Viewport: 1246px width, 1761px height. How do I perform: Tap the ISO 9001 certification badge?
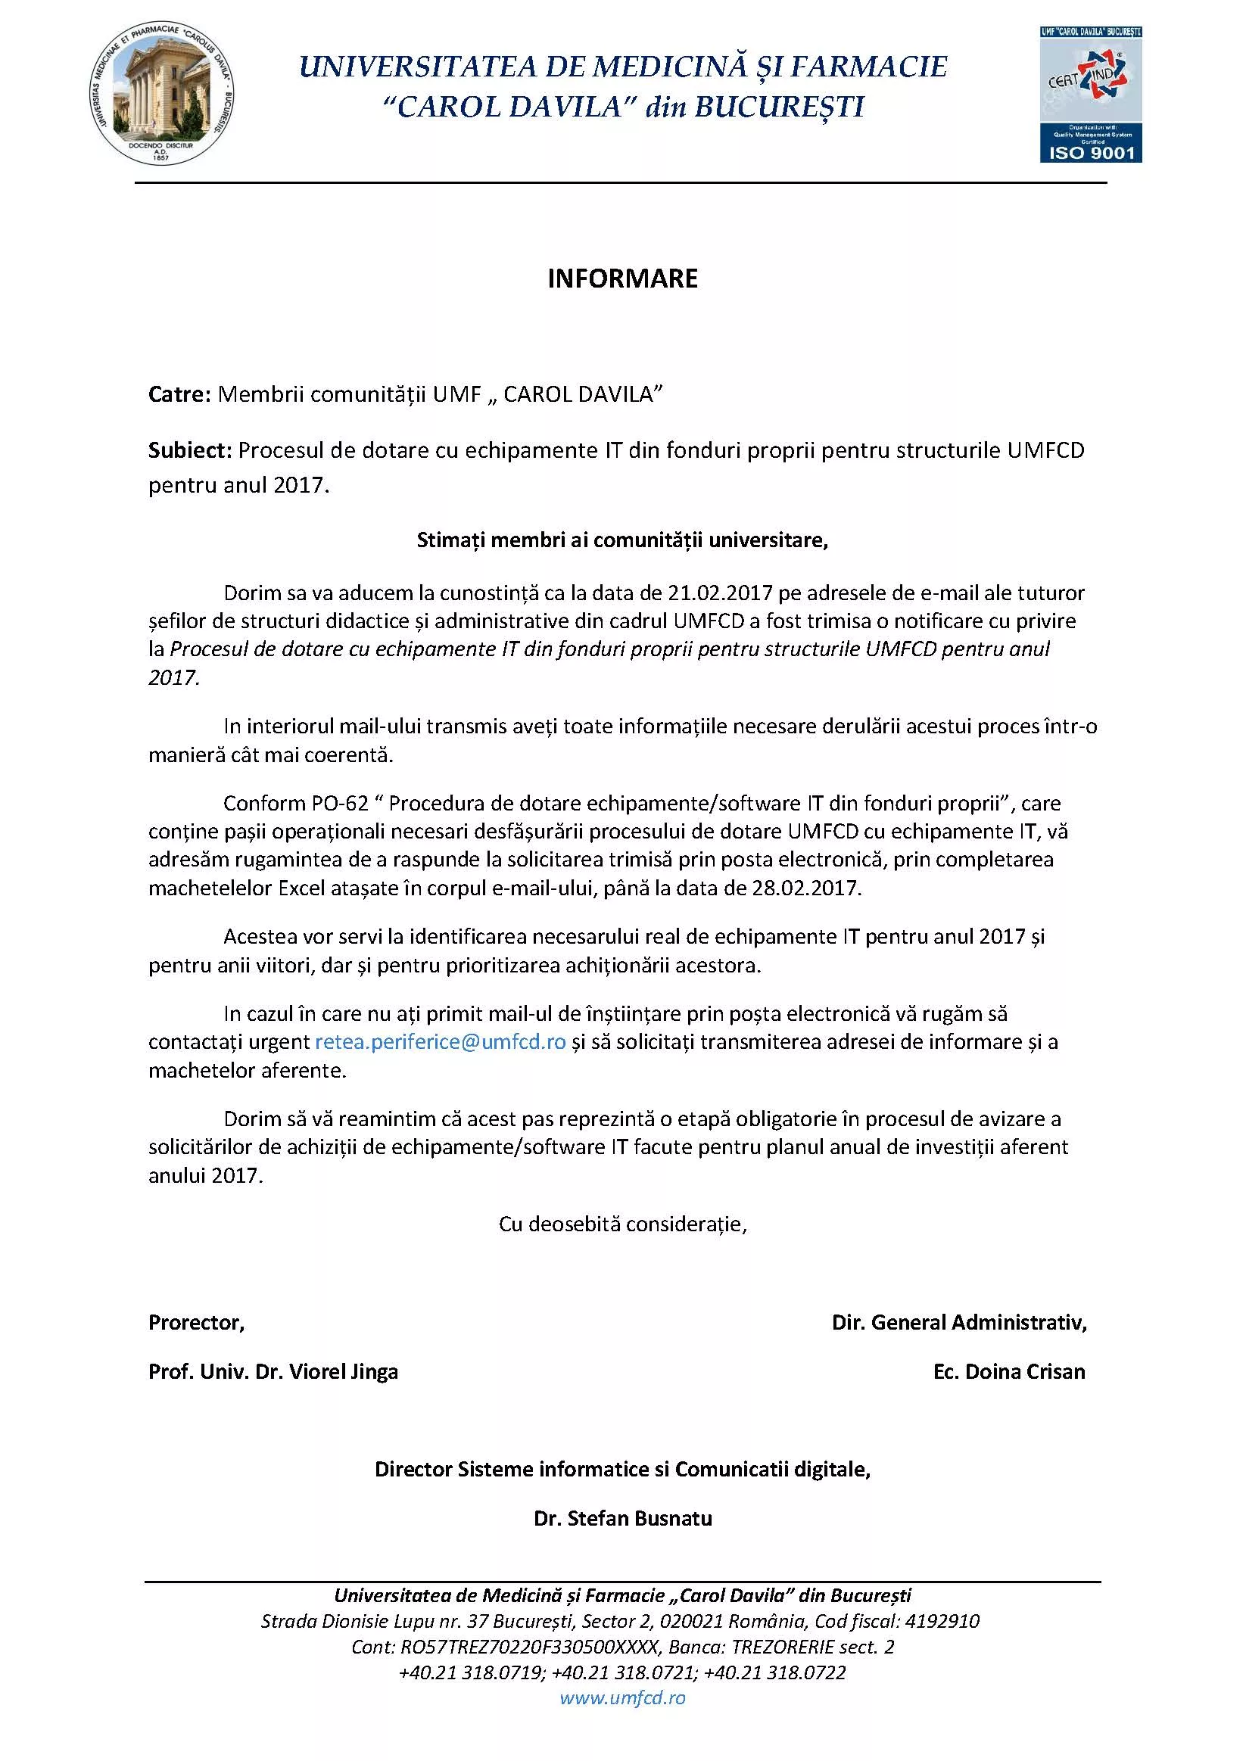click(1090, 95)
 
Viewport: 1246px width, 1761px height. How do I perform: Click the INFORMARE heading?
click(622, 278)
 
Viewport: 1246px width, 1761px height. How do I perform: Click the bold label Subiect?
click(189, 450)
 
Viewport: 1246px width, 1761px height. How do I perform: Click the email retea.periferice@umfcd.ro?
click(441, 1042)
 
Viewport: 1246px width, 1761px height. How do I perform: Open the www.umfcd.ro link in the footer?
click(622, 1697)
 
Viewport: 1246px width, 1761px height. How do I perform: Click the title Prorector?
click(196, 1323)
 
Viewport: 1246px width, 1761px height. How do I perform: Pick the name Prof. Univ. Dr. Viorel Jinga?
click(273, 1372)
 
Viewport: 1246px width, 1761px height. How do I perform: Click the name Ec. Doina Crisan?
click(1009, 1372)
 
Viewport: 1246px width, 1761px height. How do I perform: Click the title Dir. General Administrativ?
click(959, 1323)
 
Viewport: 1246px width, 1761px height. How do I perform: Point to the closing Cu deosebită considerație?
click(622, 1224)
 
